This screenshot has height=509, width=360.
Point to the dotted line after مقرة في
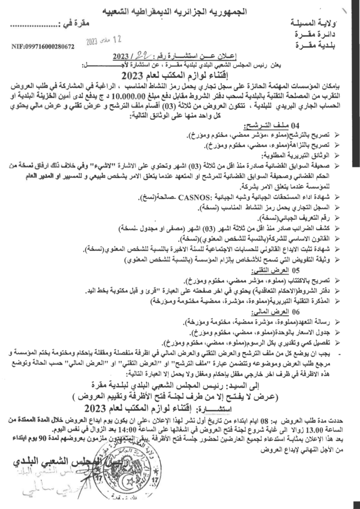tap(33, 24)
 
